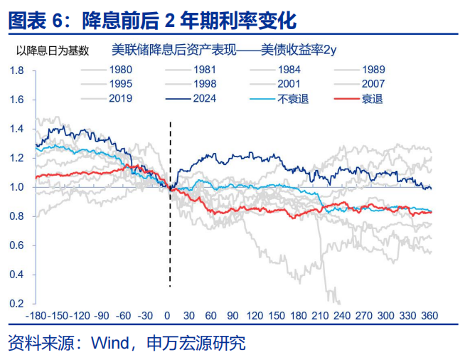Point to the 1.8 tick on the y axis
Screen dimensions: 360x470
coord(18,70)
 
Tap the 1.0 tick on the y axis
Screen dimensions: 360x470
coord(18,187)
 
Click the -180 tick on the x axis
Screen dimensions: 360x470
coord(36,315)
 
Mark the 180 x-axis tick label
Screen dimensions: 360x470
coord(299,315)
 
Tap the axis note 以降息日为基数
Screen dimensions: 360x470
coord(53,50)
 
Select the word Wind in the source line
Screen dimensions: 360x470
coord(107,344)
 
